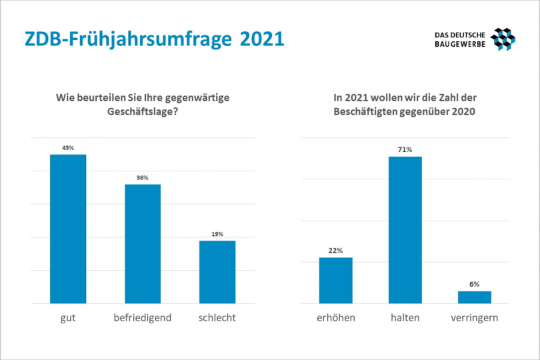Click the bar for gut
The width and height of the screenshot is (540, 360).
tap(68, 229)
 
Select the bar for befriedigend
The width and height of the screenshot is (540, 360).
tap(143, 243)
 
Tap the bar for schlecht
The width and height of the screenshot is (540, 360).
tap(217, 271)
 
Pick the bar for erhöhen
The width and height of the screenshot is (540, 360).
tap(335, 280)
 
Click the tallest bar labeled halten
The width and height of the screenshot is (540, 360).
tap(405, 230)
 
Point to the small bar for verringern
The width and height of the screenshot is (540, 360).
tap(474, 297)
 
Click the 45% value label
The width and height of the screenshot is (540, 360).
tap(68, 148)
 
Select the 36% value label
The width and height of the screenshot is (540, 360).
tap(143, 177)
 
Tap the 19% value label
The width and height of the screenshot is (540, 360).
tap(217, 234)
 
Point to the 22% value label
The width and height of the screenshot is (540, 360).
tap(335, 251)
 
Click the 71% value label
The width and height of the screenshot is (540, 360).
tap(405, 150)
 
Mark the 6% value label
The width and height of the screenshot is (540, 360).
tap(474, 284)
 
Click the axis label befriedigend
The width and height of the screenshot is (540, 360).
tap(143, 318)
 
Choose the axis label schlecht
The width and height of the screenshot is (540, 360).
tap(217, 318)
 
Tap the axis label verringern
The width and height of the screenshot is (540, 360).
tap(474, 318)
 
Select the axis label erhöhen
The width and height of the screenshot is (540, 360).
tap(335, 318)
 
